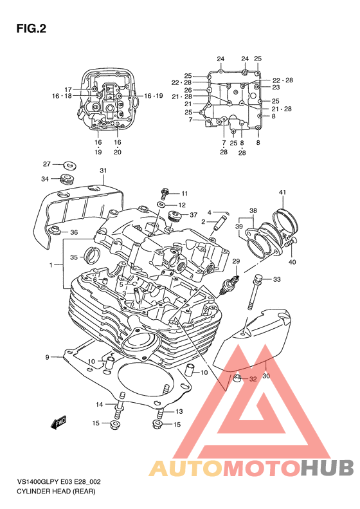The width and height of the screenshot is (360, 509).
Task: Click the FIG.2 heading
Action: pyautogui.click(x=31, y=29)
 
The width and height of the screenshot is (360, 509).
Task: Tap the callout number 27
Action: pyautogui.click(x=47, y=164)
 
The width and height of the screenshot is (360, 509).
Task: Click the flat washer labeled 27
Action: pyautogui.click(x=69, y=165)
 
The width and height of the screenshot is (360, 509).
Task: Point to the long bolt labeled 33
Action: pyautogui.click(x=255, y=293)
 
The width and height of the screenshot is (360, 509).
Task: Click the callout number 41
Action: pyautogui.click(x=282, y=192)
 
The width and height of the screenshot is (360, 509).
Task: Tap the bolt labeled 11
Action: pyautogui.click(x=165, y=194)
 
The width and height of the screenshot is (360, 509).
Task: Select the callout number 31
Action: pyautogui.click(x=103, y=171)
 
